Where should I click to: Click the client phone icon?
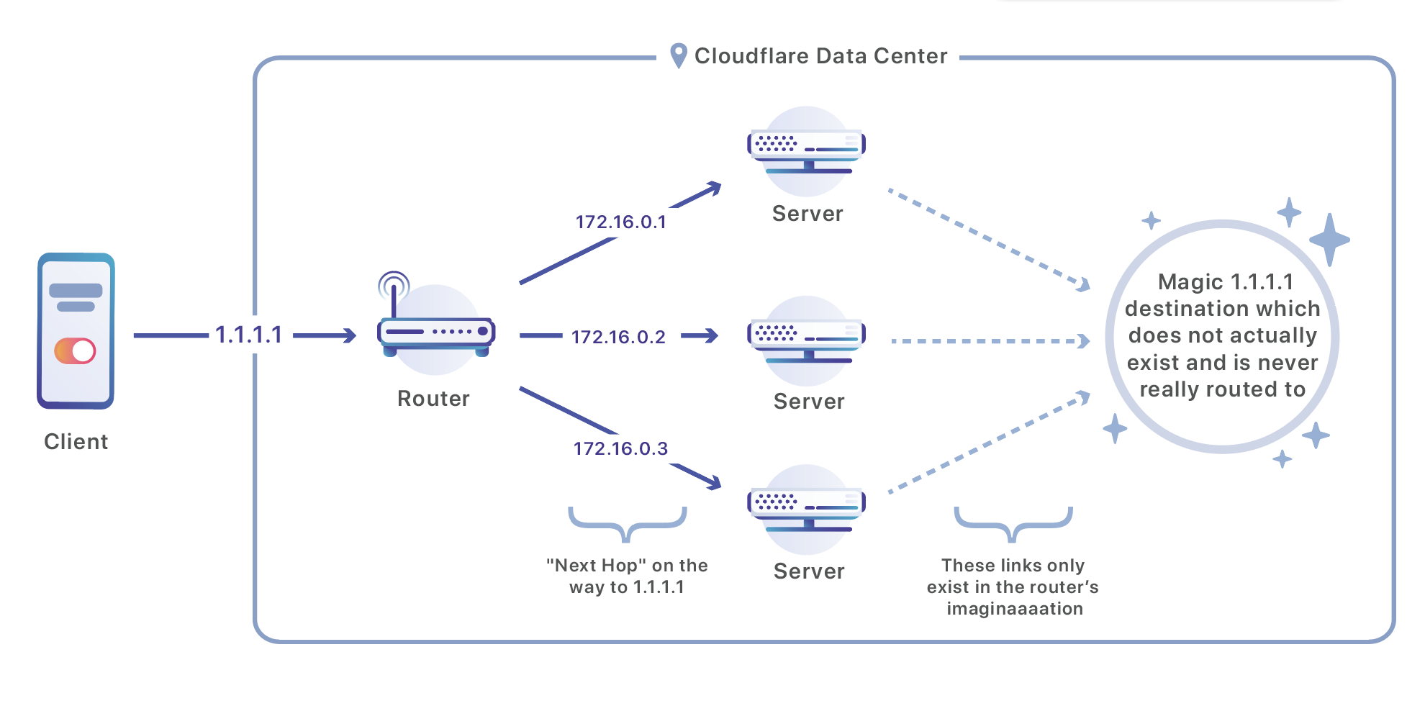coord(76,331)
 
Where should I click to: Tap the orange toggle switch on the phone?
coord(75,351)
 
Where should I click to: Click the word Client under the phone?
coord(76,441)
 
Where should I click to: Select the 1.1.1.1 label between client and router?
coord(248,335)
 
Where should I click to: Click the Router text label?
coord(433,399)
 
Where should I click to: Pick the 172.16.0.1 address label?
coord(620,222)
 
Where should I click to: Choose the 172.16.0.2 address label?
coord(618,337)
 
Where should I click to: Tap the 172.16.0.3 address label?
coord(620,448)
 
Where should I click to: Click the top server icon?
coord(807,151)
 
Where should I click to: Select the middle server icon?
coord(807,340)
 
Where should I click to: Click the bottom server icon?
coord(807,509)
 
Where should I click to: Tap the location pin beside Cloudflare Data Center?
coord(678,55)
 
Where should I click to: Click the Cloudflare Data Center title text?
coord(820,56)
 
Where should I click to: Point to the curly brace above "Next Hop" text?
coord(628,524)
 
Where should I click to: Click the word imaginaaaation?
coord(1014,609)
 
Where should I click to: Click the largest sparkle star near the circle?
coord(1329,240)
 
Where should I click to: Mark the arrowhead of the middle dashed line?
coord(1083,341)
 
